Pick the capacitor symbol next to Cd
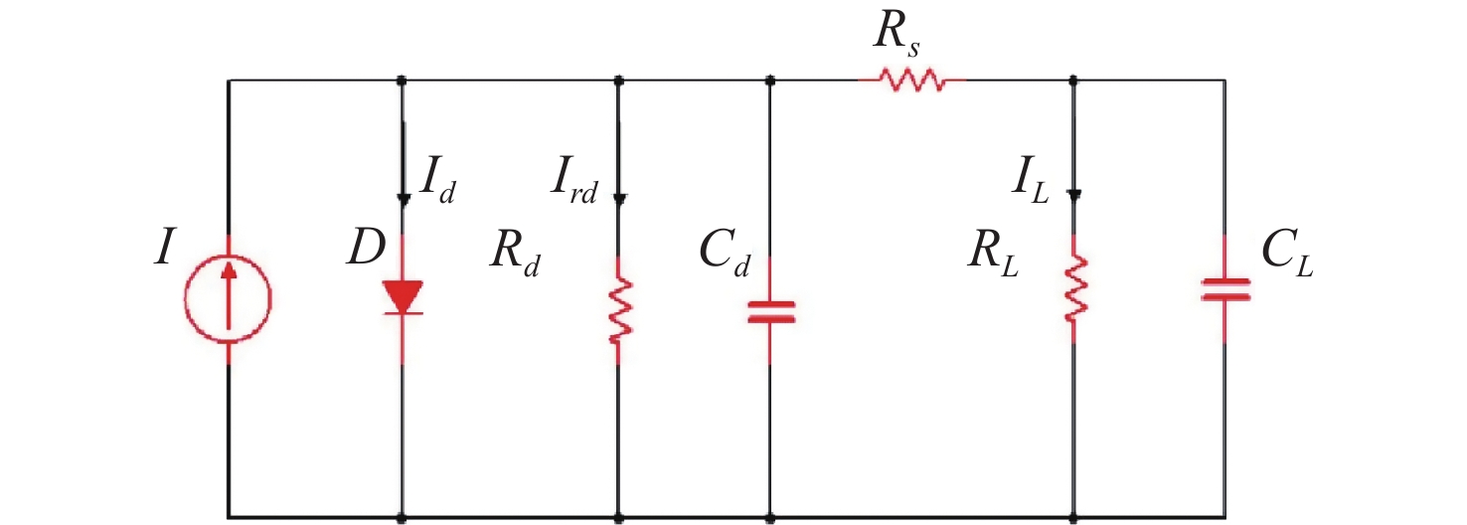pos(770,311)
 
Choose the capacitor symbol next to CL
pos(1224,289)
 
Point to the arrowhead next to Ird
pos(618,197)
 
